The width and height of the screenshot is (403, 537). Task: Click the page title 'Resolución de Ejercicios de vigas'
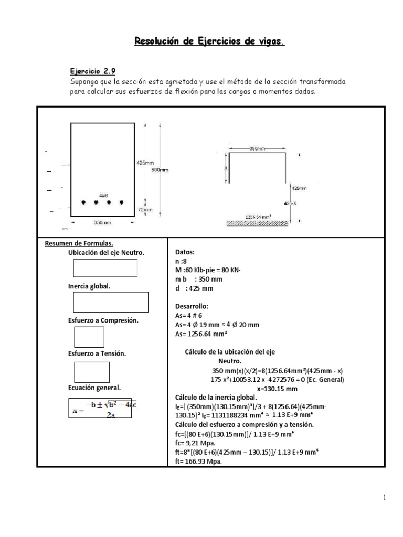pos(210,41)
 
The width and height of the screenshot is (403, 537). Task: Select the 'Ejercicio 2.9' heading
pos(93,72)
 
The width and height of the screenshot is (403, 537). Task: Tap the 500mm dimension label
pos(161,170)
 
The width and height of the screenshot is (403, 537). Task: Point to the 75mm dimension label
pos(144,209)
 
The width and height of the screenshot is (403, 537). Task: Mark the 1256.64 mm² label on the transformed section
pos(259,216)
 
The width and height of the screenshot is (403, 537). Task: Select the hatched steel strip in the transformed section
pos(257,222)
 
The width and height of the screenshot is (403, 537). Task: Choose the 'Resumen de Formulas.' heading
pos(79,243)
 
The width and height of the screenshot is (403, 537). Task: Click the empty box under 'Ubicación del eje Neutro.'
pos(105,268)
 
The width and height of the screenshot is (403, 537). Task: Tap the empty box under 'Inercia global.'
pos(111,302)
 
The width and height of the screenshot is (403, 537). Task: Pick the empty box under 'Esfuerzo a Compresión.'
pos(89,337)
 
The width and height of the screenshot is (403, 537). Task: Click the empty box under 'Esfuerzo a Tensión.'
pos(91,372)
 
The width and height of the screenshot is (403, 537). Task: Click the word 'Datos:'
pos(185,252)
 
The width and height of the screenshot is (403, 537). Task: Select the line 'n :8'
pos(181,262)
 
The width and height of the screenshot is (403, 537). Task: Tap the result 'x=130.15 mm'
pos(277,389)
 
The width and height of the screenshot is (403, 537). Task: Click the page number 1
pos(384,498)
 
